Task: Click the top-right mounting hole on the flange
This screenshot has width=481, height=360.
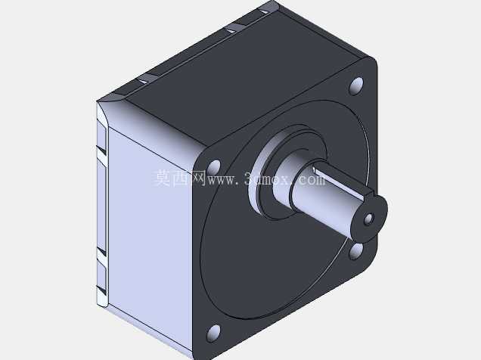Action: (356, 86)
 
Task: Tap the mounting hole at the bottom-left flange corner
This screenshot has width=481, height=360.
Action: (214, 333)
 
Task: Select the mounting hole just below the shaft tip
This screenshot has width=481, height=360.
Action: (356, 250)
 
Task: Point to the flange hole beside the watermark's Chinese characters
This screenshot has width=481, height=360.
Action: (214, 168)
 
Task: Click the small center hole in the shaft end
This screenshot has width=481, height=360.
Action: (368, 219)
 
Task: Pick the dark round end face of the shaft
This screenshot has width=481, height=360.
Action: (370, 218)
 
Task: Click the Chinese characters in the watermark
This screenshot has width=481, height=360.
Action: (180, 178)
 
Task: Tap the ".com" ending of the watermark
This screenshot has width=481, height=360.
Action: (308, 180)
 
